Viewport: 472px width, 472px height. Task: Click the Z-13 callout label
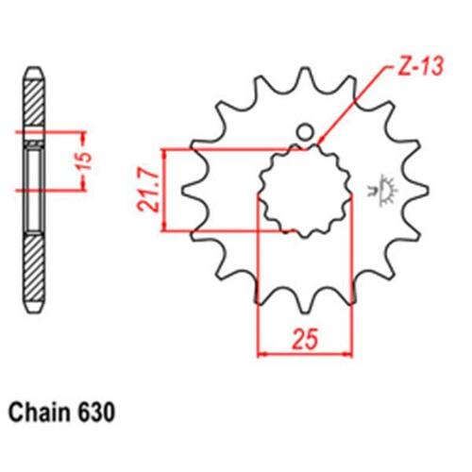(x=420, y=67)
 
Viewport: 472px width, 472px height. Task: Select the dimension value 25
(x=305, y=340)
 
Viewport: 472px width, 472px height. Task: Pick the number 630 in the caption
(x=95, y=413)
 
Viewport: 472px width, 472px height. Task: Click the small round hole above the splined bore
(x=305, y=132)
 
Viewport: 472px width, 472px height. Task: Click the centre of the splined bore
(x=305, y=191)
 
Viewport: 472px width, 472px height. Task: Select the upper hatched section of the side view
(x=34, y=103)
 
